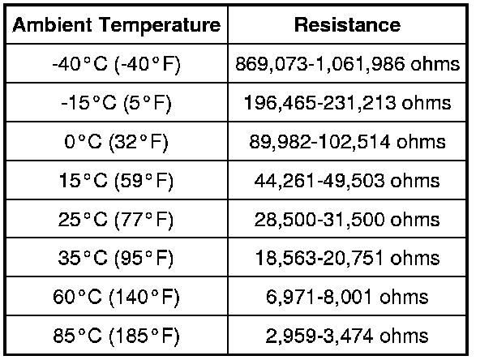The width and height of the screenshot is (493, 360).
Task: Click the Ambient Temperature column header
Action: coord(117,25)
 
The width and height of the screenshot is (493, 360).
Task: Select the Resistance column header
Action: coord(347,25)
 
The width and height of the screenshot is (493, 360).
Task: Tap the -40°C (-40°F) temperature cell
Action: coord(117,64)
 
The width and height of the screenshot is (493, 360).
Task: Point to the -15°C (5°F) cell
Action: coord(117,103)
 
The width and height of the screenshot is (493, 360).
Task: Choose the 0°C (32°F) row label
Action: coord(117,142)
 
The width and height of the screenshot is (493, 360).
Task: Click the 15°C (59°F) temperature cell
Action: coord(117,181)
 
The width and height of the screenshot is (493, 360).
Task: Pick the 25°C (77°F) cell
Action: coord(117,219)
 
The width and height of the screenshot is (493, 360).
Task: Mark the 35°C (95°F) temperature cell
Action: coord(117,258)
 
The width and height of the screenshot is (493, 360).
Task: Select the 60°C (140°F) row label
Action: coord(117,297)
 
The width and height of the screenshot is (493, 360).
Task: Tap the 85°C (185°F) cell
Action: coord(117,335)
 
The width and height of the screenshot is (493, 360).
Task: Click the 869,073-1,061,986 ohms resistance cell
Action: coord(347,64)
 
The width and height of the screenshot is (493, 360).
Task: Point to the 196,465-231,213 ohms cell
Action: coord(347,103)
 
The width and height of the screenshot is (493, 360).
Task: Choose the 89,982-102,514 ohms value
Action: coord(347,142)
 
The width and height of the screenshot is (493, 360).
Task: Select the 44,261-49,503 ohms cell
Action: coord(347,181)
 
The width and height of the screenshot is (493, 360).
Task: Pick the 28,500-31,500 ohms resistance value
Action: coord(347,219)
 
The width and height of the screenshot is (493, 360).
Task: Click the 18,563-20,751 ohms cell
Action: coord(347,258)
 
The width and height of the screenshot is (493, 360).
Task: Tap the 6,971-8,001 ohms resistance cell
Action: coord(347,297)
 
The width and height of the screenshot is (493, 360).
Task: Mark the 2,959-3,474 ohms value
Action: coord(347,335)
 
